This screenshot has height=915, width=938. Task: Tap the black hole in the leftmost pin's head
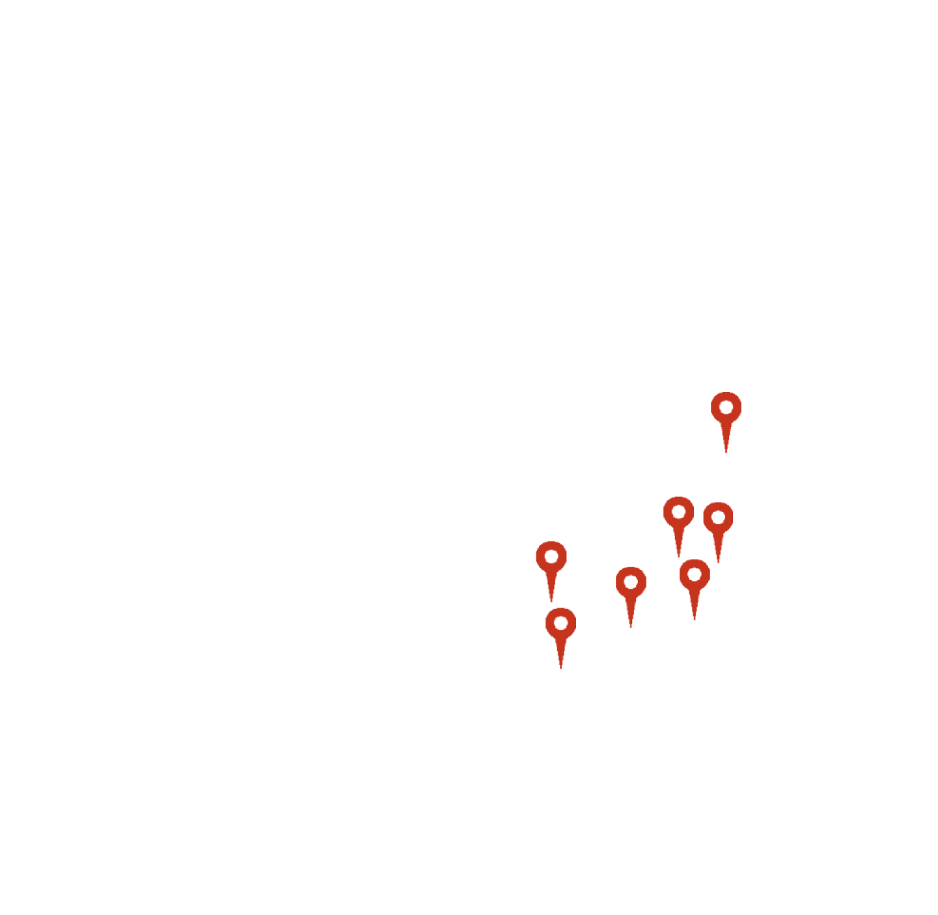551,557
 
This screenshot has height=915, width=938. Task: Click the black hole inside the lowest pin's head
560,624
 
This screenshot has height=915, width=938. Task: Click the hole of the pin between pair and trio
631,582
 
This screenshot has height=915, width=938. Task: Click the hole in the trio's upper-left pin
678,512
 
